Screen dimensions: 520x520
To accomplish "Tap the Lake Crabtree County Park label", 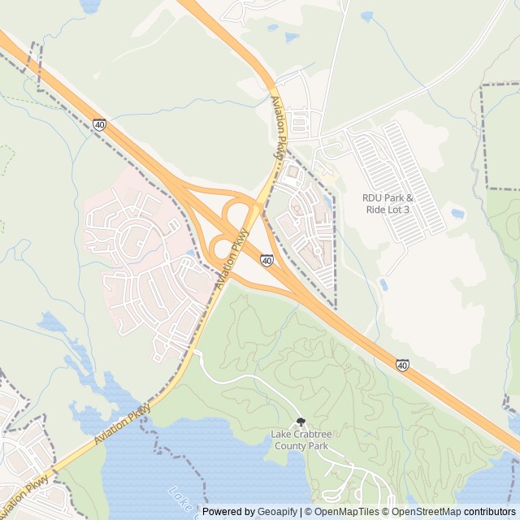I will (301, 440).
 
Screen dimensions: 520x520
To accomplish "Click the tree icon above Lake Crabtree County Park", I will (301, 422).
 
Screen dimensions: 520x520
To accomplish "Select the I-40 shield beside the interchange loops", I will (266, 260).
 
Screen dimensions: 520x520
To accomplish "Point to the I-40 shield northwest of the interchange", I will (99, 124).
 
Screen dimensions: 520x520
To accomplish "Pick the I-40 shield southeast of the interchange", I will (402, 366).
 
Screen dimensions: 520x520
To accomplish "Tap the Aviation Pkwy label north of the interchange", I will (278, 127).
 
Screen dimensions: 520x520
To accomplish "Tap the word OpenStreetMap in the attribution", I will (422, 512).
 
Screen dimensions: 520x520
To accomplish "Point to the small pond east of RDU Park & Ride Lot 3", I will (457, 214).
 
